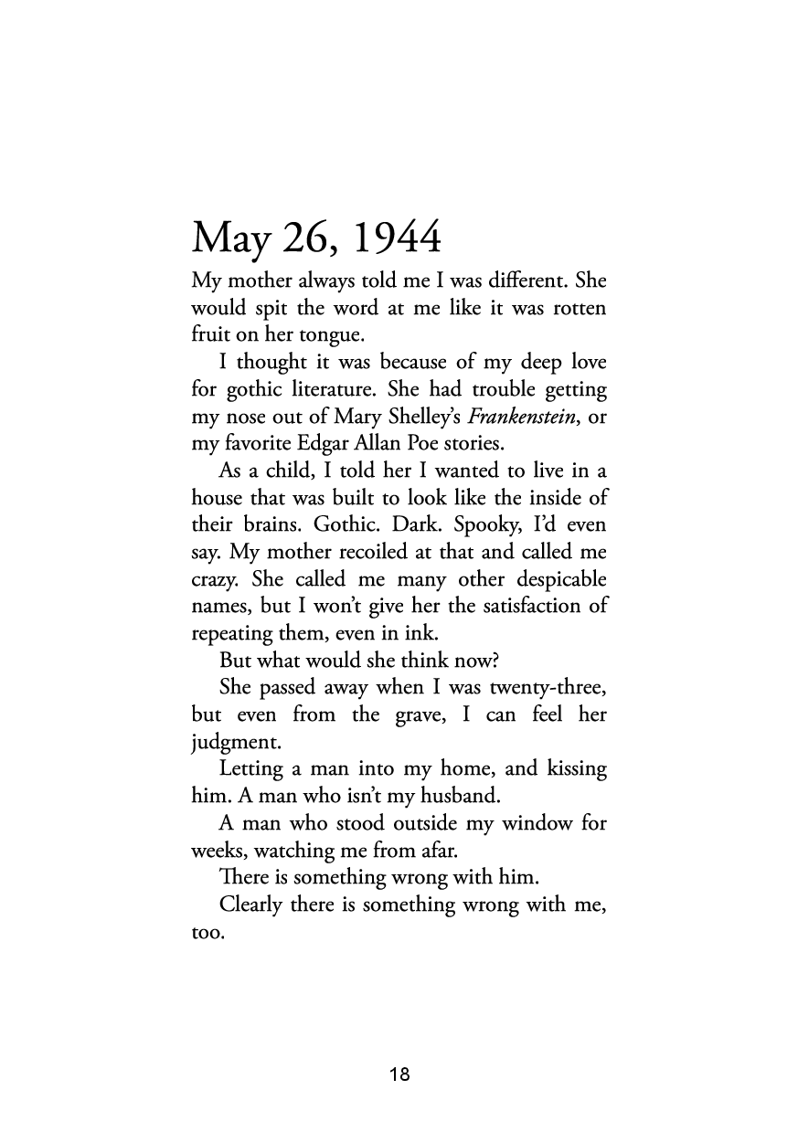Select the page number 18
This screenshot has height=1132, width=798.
click(x=399, y=1074)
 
